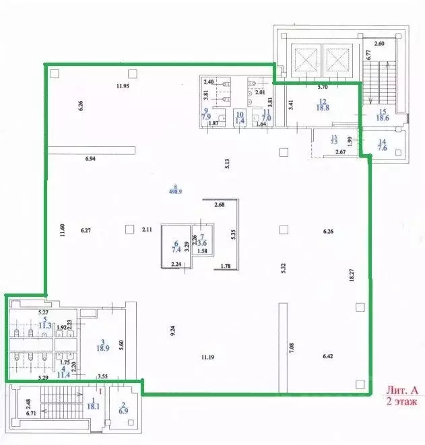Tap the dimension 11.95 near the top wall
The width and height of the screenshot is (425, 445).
click(122, 86)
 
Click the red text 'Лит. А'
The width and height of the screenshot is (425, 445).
click(401, 390)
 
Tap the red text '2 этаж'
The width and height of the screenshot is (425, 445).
click(402, 401)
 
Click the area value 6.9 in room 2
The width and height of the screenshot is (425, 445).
click(123, 410)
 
